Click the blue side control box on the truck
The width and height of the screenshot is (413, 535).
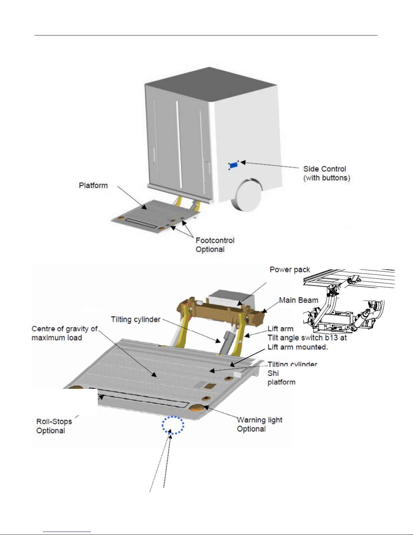234,165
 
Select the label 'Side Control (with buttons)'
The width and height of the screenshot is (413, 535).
326,173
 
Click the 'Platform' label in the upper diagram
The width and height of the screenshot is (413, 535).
93,185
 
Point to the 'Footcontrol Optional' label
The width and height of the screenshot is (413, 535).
215,245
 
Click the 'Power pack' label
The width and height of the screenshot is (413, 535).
290,269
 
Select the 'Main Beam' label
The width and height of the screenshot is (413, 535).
298,300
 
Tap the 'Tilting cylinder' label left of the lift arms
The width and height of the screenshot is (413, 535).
136,319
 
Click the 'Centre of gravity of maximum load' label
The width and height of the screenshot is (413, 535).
64,333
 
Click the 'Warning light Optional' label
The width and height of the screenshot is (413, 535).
259,424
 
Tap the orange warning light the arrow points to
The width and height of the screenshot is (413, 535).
196,408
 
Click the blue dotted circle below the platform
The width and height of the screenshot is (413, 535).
173,425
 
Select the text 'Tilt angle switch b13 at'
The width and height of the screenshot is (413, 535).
307,338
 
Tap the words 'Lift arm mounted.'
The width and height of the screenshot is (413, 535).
298,347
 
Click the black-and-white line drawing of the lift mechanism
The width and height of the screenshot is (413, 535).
347,304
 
